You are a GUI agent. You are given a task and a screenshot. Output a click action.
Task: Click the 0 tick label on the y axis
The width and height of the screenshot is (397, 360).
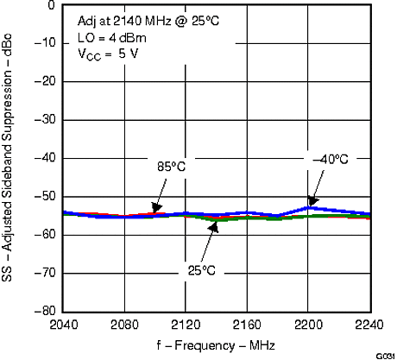[51, 5]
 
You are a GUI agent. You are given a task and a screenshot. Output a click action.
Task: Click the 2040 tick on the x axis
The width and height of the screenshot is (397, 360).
[65, 325]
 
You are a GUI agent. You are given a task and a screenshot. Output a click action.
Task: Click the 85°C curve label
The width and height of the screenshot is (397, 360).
[171, 166]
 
